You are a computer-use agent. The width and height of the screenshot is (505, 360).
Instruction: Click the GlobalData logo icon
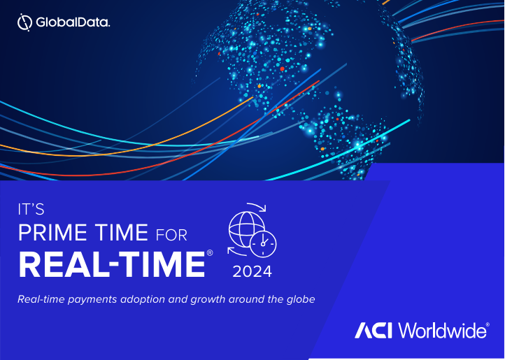[24, 22]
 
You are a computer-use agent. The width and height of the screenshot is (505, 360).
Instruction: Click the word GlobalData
[73, 22]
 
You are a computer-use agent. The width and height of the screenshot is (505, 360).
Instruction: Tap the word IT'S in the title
[31, 210]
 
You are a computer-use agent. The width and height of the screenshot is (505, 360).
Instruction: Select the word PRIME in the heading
[52, 233]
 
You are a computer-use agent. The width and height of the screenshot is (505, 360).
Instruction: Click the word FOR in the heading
[171, 236]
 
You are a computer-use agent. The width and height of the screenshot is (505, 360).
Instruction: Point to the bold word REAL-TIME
[112, 265]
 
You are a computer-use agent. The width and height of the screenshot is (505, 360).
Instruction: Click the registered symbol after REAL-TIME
[210, 253]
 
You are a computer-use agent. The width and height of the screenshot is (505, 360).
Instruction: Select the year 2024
[252, 271]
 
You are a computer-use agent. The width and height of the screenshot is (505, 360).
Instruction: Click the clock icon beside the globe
[263, 244]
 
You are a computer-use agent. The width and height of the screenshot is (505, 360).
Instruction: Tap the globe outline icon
[229, 229]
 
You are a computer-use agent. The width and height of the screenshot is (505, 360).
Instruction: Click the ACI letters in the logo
[374, 331]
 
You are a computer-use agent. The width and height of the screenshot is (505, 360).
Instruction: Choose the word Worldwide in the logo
[442, 330]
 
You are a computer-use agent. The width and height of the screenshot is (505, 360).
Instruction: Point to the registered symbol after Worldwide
[488, 324]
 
